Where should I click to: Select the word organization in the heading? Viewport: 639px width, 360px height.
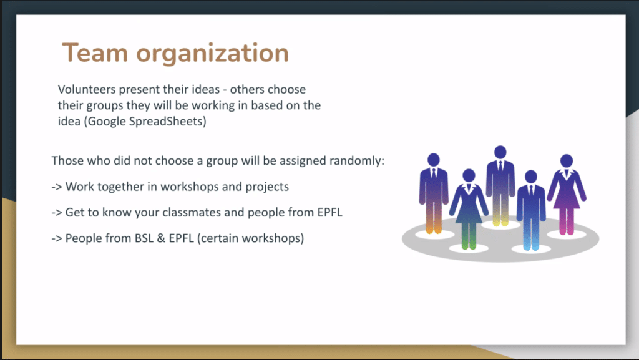tap(212, 54)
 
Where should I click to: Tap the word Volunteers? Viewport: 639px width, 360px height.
tap(87, 89)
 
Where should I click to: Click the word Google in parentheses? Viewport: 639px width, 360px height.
tap(107, 122)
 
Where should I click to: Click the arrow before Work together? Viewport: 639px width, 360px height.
tap(57, 187)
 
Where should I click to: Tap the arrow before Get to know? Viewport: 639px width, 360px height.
tap(57, 213)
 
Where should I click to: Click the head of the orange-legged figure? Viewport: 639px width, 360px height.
tap(434, 160)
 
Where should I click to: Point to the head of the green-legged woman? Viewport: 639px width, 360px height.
tap(469, 175)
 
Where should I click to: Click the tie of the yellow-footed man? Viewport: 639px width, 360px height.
tap(500, 167)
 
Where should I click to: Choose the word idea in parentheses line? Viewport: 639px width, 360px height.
tap(69, 122)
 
